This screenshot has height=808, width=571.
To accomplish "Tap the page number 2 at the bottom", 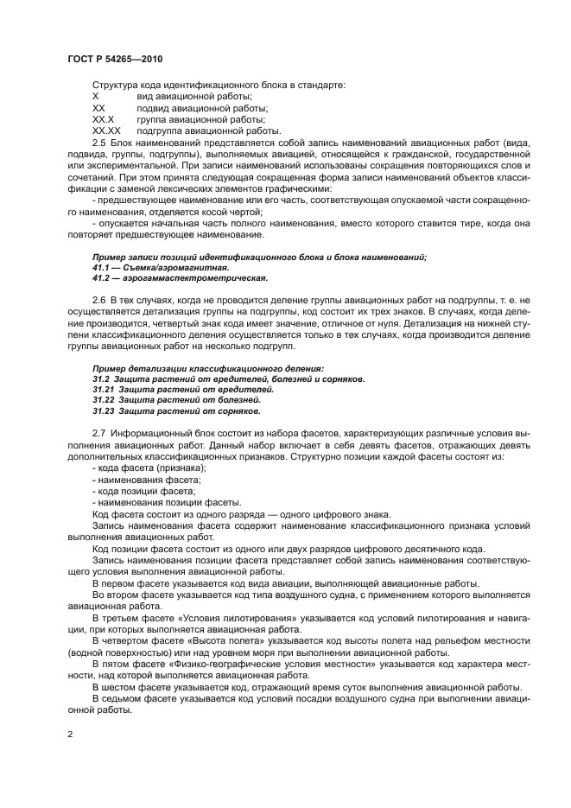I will coord(70,734).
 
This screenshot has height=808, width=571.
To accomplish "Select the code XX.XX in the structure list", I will coord(105,130).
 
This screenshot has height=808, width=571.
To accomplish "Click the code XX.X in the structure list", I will coord(104,119).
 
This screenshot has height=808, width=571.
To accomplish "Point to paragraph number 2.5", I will coord(98,142).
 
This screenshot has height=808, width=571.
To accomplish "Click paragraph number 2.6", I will coord(98,299).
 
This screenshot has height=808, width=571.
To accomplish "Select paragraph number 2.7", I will coord(98,432).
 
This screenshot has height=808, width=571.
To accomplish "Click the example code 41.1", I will coord(99,269).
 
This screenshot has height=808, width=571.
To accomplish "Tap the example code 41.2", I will coord(99,279).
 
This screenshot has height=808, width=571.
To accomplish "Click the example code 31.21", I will coord(103,390).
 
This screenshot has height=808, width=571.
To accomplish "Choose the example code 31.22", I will coord(103,401).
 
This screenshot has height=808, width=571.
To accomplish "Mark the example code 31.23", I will coord(103,412).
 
